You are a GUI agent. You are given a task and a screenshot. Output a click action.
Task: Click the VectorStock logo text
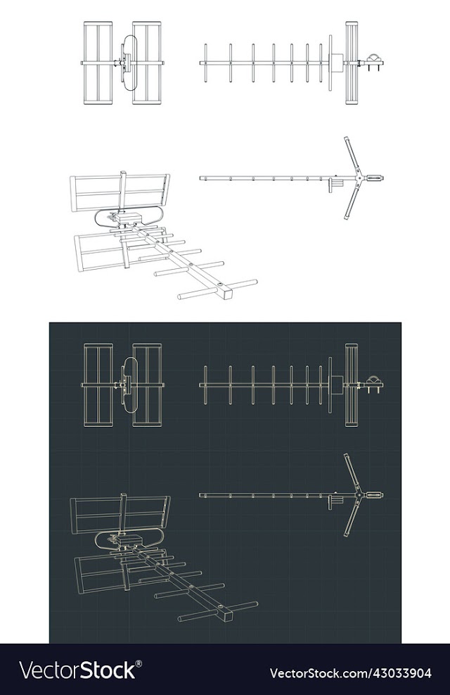click(77, 670)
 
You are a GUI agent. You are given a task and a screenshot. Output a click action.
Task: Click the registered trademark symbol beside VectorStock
click(139, 663)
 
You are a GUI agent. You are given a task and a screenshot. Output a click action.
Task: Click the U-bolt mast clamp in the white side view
click(374, 61)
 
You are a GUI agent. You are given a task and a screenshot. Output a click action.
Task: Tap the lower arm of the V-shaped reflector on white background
click(353, 199)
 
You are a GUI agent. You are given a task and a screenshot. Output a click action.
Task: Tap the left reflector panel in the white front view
click(98, 63)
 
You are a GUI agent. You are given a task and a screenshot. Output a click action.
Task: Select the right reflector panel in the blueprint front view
click(147, 385)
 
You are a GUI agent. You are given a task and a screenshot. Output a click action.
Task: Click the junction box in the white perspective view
click(129, 218)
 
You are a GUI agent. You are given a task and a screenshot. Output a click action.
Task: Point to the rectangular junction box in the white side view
click(336, 63)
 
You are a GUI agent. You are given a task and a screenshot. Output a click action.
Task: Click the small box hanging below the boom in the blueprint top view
click(335, 501)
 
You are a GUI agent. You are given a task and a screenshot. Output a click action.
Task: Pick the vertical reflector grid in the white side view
click(352, 63)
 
